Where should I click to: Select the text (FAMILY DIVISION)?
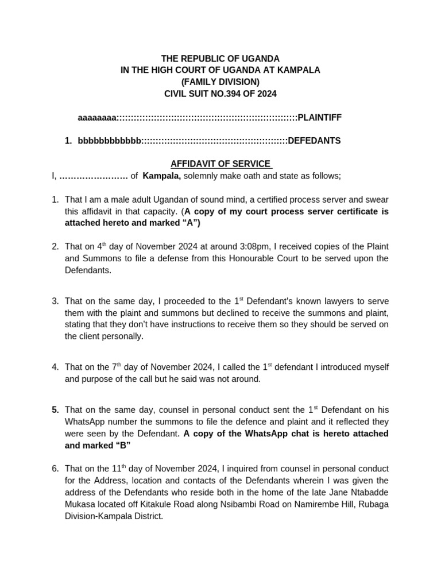(220, 82)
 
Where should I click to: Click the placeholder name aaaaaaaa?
(97, 117)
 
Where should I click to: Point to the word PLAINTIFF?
(319, 117)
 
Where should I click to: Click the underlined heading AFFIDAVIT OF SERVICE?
(220, 164)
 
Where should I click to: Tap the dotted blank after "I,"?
(93, 176)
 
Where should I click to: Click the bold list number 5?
(55, 409)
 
